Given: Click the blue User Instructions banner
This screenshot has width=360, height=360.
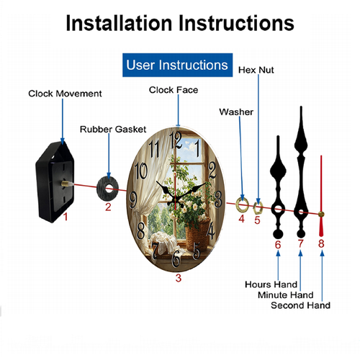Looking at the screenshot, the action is [177, 65].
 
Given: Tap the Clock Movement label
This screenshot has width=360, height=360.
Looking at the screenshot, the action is [65, 94].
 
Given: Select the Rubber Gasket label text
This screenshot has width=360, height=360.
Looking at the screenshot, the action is [113, 130].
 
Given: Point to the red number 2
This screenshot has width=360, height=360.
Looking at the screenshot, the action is [108, 207].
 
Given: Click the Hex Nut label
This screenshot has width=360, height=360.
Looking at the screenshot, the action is [256, 70].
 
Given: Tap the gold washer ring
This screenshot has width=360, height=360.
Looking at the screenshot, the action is [243, 205].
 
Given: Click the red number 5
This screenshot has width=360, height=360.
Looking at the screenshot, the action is [257, 220].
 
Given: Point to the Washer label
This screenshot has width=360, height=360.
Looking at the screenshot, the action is [236, 112].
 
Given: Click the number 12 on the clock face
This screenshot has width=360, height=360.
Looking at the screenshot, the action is [176, 140].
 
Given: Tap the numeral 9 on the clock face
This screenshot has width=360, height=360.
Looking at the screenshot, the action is [133, 200].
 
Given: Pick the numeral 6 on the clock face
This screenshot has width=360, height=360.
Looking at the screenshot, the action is [176, 258].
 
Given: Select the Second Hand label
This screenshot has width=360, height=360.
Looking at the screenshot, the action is [300, 305].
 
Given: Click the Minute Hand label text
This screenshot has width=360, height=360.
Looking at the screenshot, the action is [286, 295].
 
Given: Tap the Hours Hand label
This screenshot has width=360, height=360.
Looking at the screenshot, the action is [271, 284].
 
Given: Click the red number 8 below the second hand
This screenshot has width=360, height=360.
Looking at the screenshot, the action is [321, 244].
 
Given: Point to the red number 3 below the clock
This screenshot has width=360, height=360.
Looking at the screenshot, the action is [179, 278].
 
